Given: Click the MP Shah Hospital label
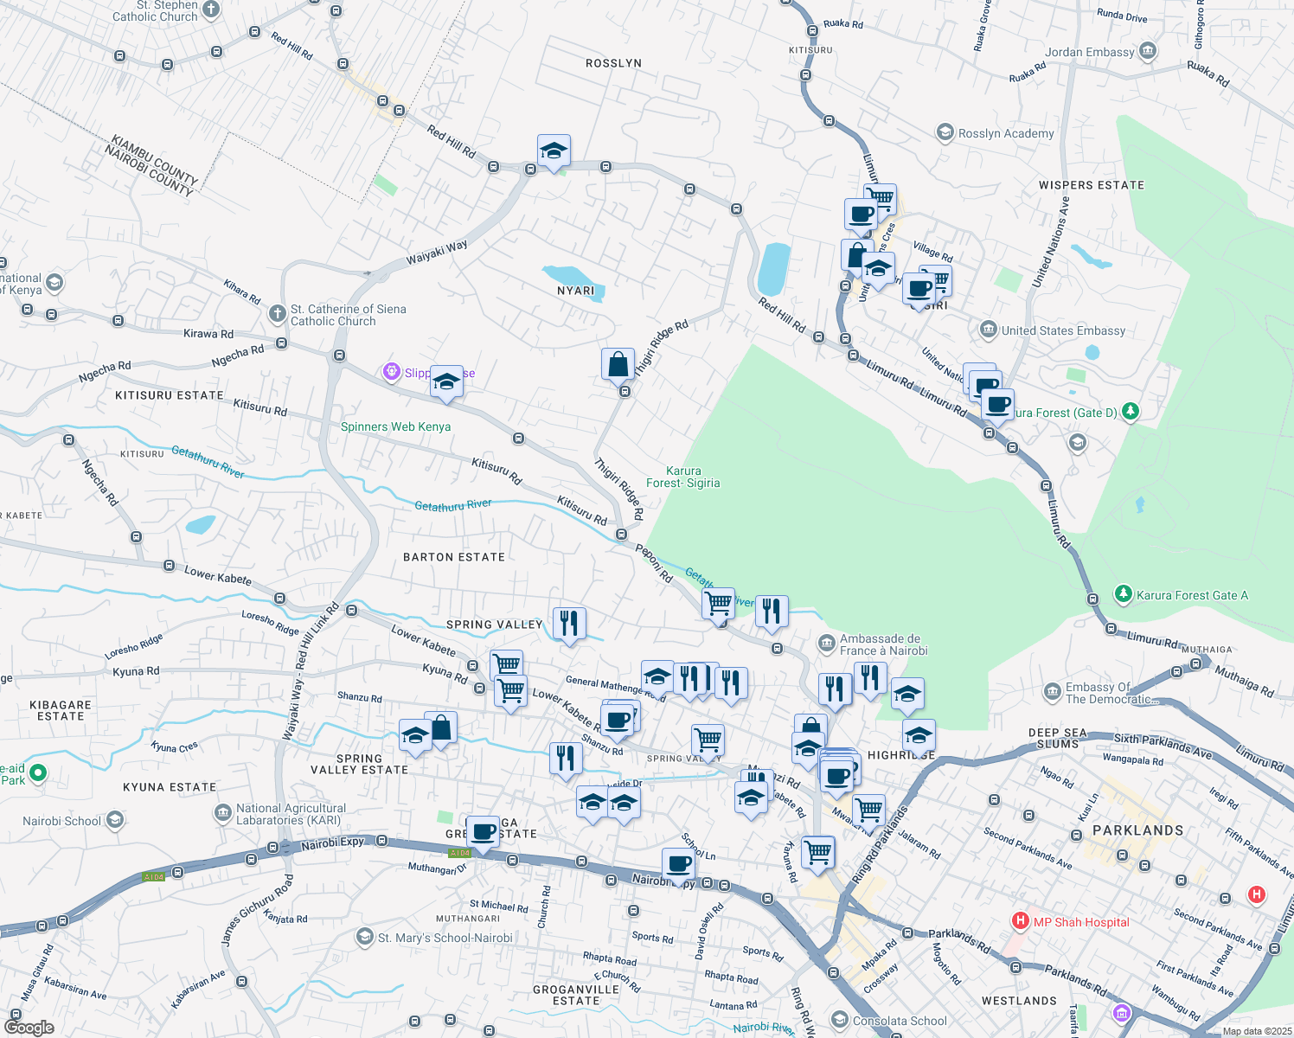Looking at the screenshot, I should [1081, 922].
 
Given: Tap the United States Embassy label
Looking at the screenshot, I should [1063, 330].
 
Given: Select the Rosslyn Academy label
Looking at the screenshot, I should [1006, 133].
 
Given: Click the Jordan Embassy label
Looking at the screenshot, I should [1089, 52].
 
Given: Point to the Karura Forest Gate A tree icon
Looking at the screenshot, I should [1123, 594].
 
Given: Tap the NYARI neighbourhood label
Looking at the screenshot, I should [576, 291].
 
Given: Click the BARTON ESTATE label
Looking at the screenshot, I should [454, 557].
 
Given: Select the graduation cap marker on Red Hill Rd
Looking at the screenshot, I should [554, 151].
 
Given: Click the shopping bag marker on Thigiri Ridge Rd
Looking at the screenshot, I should [618, 364].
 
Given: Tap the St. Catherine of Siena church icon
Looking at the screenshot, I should [278, 313].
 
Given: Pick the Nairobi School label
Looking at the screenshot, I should [62, 821].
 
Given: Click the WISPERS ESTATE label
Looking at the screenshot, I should [1092, 185].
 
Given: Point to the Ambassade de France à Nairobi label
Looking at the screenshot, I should [883, 644].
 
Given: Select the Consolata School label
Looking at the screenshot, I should [900, 1021].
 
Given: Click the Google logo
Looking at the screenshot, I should [29, 1028].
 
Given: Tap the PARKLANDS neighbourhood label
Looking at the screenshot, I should [1137, 830].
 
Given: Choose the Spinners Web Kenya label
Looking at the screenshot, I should [395, 426].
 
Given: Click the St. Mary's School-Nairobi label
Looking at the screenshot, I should [445, 938].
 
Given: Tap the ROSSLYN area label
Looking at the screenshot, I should [613, 63].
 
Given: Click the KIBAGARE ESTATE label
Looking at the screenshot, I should [61, 710].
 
